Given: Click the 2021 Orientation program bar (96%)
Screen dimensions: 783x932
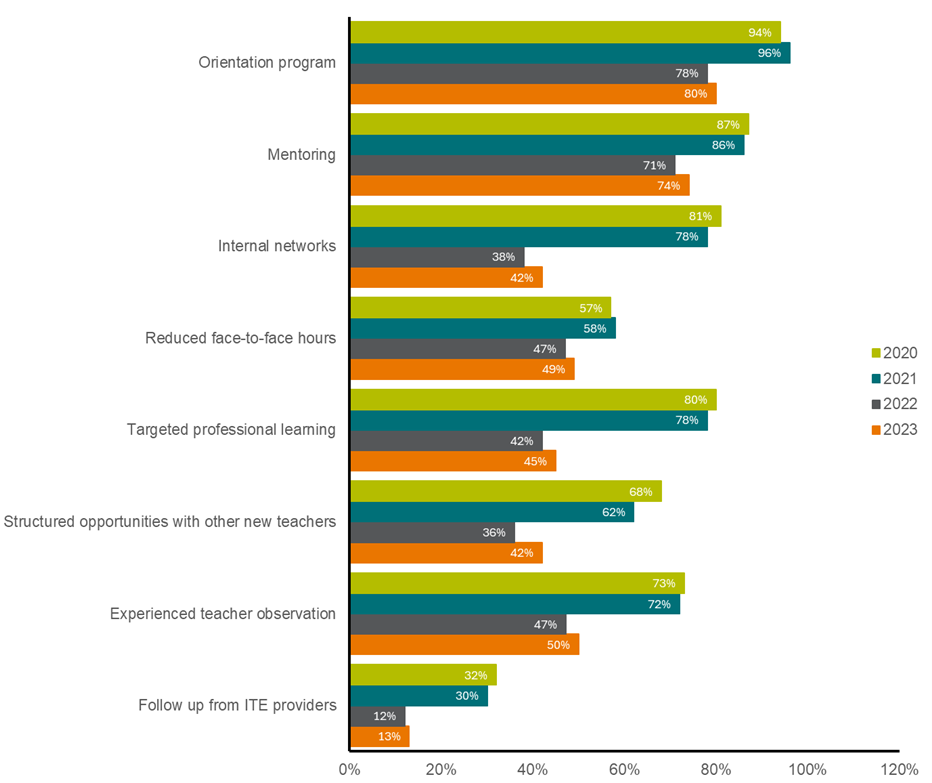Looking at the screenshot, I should [x=570, y=53].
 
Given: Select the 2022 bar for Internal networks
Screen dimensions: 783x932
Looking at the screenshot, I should [x=437, y=257].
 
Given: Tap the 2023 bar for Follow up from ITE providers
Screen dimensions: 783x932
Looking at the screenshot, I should [x=380, y=737].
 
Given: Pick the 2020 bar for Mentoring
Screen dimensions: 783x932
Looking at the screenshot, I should [x=549, y=125].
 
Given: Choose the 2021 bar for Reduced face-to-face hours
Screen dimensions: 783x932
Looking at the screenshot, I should [x=483, y=328].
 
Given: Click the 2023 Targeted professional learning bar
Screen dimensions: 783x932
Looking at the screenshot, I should [x=453, y=461].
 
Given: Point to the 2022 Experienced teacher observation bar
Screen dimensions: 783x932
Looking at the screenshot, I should [x=458, y=624].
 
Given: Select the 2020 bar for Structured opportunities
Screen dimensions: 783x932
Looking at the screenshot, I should [x=505, y=492].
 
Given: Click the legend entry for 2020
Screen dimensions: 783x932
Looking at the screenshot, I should [x=894, y=353].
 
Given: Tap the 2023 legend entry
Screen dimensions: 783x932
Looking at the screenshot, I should [x=894, y=430].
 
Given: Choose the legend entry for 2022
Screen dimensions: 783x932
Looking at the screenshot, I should [x=894, y=404].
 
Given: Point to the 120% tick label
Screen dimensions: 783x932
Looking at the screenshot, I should [x=899, y=769].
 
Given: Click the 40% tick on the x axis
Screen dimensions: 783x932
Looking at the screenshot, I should [x=533, y=769].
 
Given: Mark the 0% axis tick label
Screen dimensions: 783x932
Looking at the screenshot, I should [x=350, y=769].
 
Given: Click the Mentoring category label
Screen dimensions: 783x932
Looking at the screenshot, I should [x=301, y=155].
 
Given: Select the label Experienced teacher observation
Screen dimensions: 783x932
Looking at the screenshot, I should [x=223, y=613].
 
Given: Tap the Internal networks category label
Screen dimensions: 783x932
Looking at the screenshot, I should [x=277, y=246].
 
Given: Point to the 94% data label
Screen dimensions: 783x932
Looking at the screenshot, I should [x=760, y=32].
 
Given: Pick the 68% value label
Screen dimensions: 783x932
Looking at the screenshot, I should [x=640, y=492].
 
